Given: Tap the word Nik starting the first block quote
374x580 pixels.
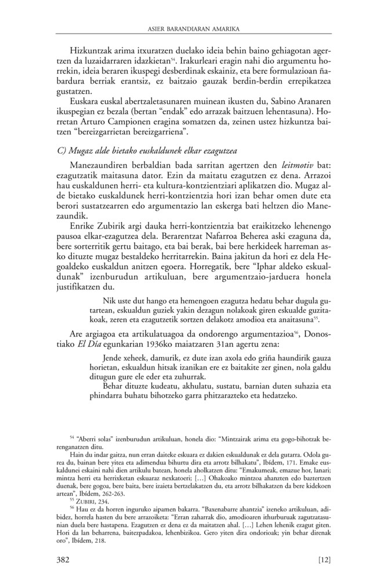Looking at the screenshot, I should click(108, 299).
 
